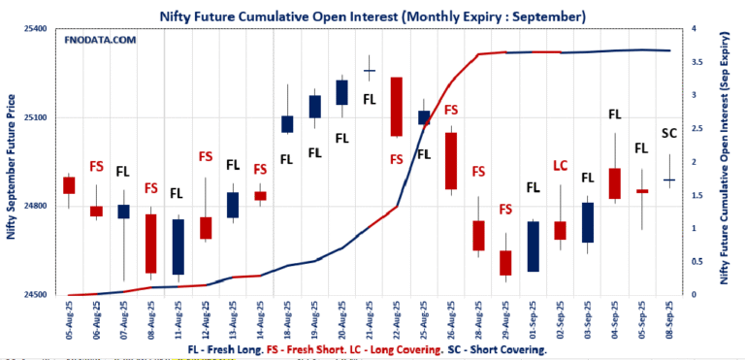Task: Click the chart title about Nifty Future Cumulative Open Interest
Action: click(372, 16)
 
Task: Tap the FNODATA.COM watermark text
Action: click(100, 40)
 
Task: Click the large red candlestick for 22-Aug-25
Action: click(396, 107)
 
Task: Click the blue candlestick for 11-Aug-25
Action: click(178, 246)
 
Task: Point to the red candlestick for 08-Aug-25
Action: click(150, 244)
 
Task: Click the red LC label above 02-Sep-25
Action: click(560, 166)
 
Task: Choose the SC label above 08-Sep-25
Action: click(669, 133)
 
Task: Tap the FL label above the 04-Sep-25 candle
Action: click(614, 115)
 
